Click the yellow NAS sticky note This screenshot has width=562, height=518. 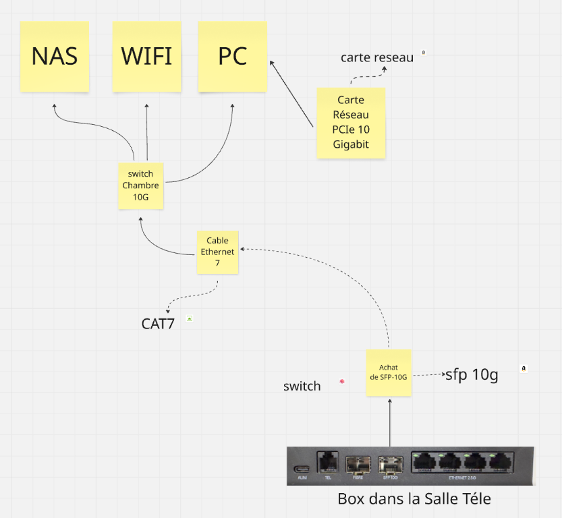(55, 57)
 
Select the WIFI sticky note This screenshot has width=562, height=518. (146, 57)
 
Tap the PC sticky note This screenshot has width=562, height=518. (232, 57)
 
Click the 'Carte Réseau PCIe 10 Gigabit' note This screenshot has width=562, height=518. (351, 123)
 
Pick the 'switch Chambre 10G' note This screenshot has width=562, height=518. (140, 185)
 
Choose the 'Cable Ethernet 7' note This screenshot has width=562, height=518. (217, 252)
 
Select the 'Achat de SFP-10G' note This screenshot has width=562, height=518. (389, 372)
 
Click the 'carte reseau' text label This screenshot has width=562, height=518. (376, 58)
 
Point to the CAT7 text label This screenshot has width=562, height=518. (158, 324)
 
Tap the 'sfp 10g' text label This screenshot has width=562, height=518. (472, 375)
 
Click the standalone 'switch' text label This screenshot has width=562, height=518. (302, 386)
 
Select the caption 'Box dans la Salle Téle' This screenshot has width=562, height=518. (414, 500)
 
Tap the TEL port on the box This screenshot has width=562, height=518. (327, 463)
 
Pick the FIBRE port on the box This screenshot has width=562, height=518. (358, 465)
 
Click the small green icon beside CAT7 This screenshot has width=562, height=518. (190, 318)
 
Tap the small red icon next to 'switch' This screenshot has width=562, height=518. (342, 382)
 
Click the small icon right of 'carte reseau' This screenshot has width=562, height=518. (424, 52)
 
